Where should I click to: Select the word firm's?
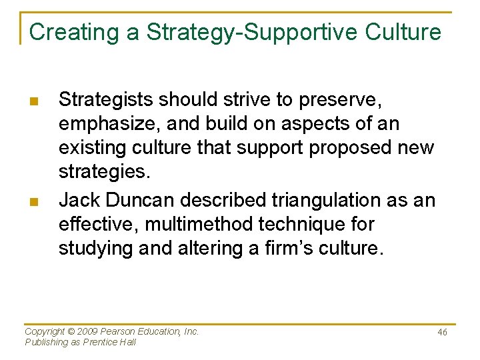click(309, 249)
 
